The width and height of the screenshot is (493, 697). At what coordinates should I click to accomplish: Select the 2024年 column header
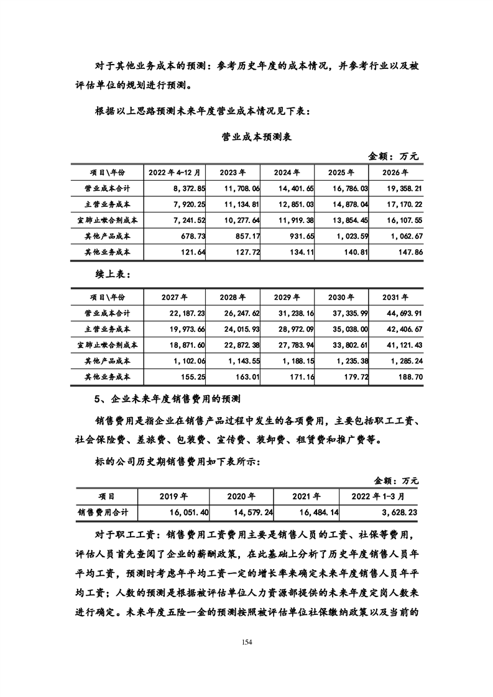287,172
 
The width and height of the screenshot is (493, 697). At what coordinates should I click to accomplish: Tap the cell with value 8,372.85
181,188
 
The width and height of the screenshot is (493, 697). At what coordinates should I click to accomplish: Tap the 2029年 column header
287,296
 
